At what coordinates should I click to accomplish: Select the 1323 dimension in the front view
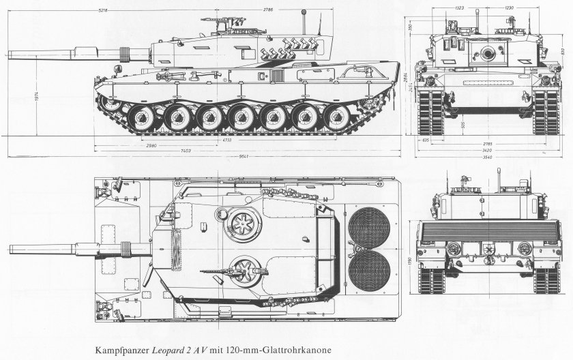[x=460, y=8]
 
